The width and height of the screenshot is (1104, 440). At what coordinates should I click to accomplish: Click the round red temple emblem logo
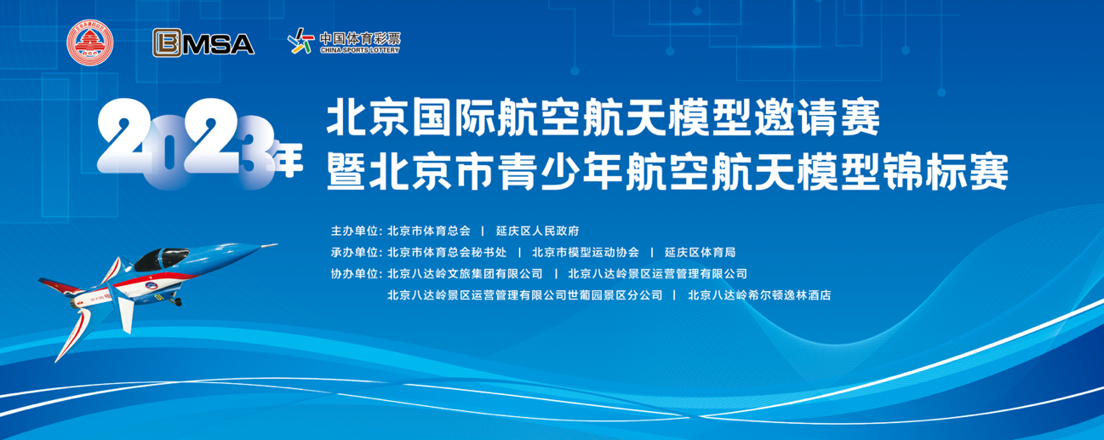coord(89,43)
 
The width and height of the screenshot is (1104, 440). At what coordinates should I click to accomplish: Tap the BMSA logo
coord(203,43)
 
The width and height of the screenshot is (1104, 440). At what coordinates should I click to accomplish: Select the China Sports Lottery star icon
coord(300,40)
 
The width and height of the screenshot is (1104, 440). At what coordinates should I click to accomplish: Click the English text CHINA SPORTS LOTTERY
coord(360,49)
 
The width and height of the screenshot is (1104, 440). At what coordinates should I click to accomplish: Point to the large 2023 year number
coord(186,143)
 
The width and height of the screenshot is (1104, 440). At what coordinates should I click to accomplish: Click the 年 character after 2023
coord(289,159)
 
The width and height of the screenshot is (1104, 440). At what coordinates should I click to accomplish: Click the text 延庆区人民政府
coord(537,231)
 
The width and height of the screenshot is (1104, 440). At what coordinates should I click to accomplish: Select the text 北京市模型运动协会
coord(586,252)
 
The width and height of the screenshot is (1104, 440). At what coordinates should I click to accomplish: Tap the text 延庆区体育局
coord(700,252)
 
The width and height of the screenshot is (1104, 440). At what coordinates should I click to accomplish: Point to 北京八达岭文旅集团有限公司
coord(465,273)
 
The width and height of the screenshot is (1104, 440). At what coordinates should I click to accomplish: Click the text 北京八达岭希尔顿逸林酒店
coord(759,295)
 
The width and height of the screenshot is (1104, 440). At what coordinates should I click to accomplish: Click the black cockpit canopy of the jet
coord(160,260)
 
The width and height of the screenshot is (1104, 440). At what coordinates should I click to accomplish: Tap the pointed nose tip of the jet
coord(277,244)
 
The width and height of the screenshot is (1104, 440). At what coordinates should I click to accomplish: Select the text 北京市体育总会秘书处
coord(447,252)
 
